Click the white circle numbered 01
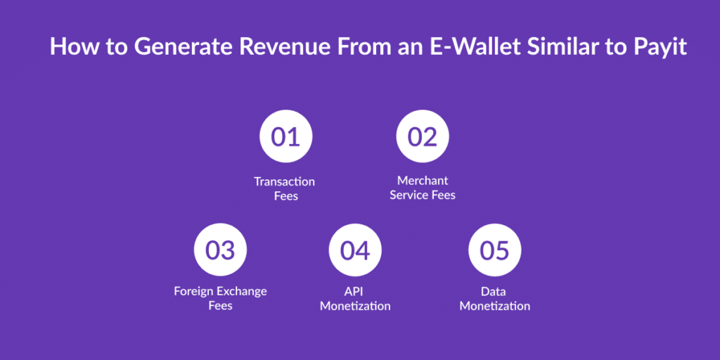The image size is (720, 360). pyautogui.click(x=285, y=136)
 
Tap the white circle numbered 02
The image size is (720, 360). pyautogui.click(x=423, y=136)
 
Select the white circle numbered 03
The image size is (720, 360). pyautogui.click(x=220, y=250)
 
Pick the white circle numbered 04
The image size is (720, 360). pyautogui.click(x=355, y=250)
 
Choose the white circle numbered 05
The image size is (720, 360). pyautogui.click(x=494, y=250)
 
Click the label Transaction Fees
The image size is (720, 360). pyautogui.click(x=285, y=188)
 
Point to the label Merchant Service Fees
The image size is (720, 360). pyautogui.click(x=423, y=188)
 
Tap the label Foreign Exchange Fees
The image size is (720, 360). pyautogui.click(x=220, y=298)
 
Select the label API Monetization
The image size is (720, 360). pyautogui.click(x=355, y=298)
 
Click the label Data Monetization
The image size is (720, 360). pyautogui.click(x=494, y=298)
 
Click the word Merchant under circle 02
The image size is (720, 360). pyautogui.click(x=423, y=181)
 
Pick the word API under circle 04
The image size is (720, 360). pyautogui.click(x=355, y=291)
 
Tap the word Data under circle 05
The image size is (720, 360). pyautogui.click(x=494, y=291)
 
